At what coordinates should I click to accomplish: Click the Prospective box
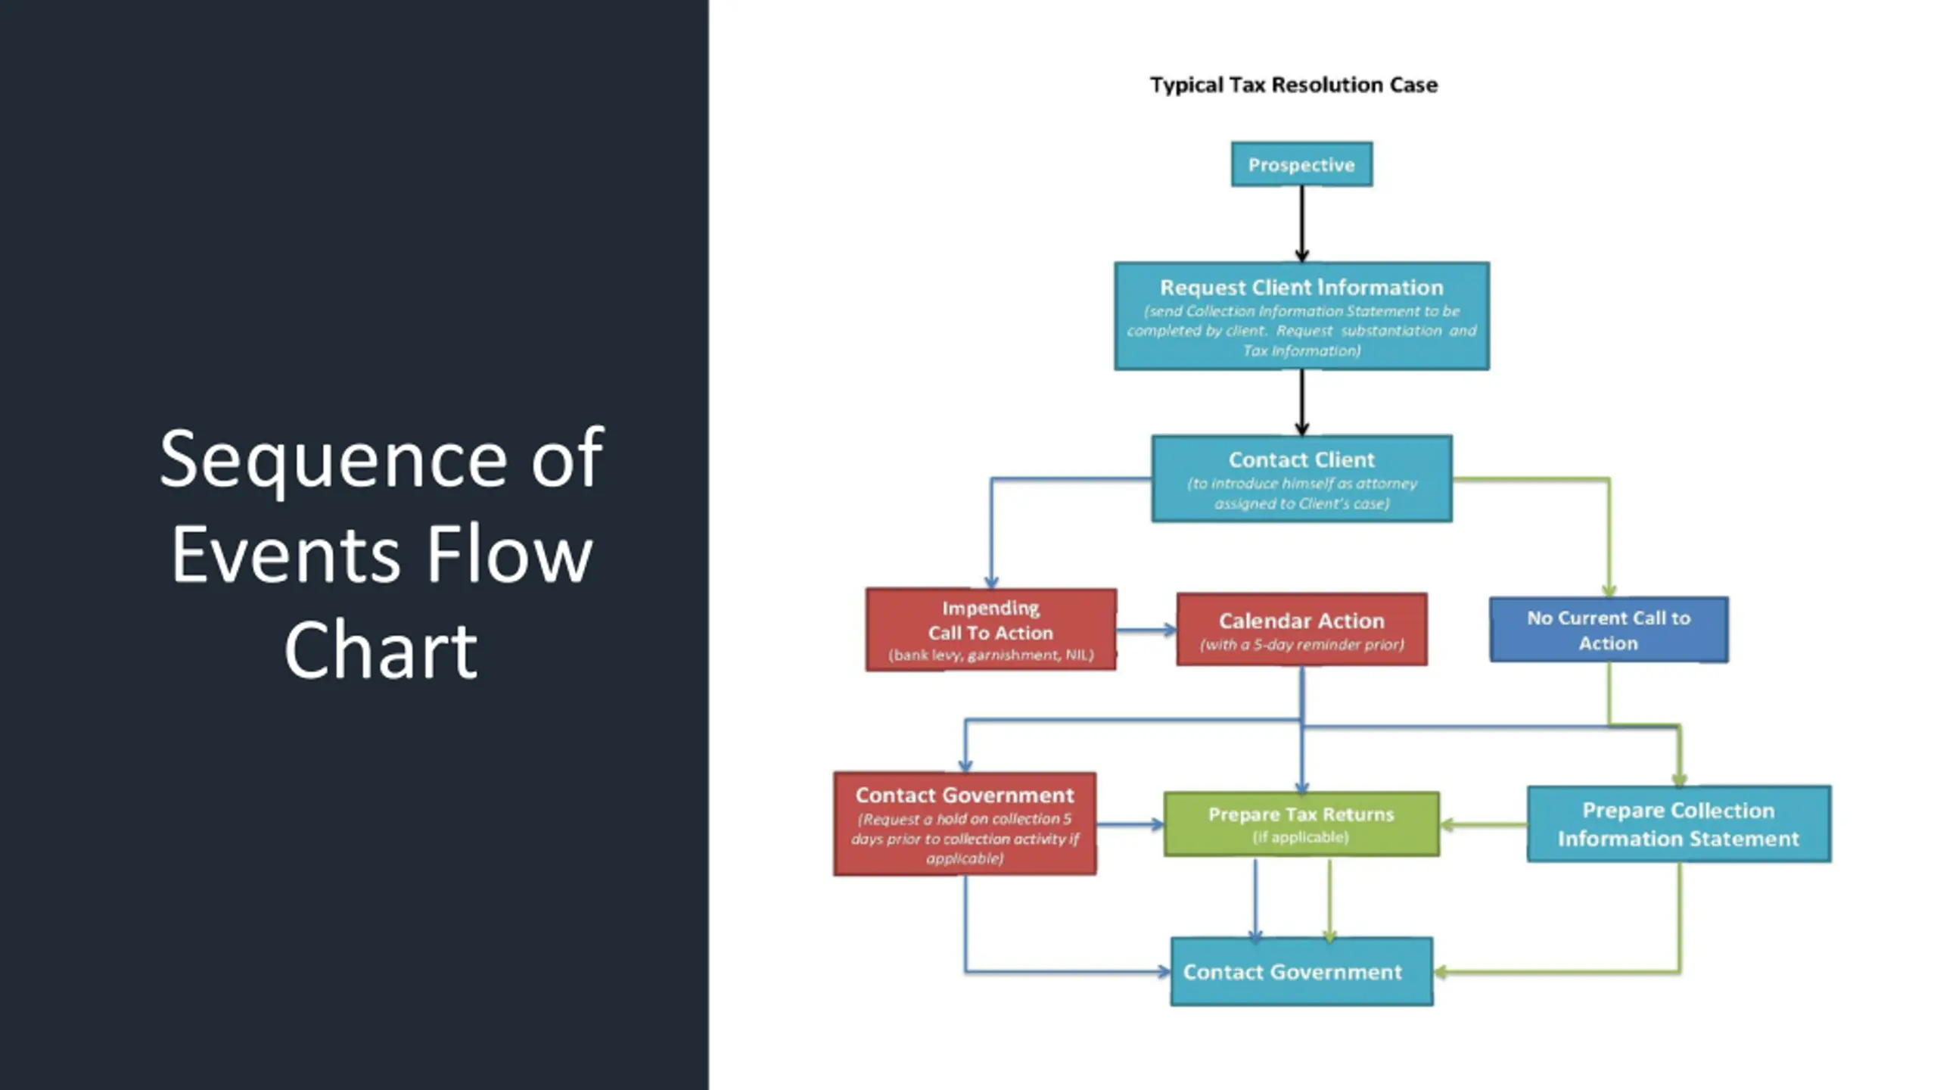[x=1301, y=164]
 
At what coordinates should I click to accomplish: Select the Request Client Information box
[x=1301, y=316]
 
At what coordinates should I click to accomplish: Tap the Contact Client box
[x=1301, y=478]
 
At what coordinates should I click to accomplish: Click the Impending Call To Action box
[x=991, y=630]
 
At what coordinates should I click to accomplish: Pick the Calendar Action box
[x=1301, y=630]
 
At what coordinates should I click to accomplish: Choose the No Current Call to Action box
[x=1609, y=630]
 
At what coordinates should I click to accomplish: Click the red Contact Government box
[x=965, y=824]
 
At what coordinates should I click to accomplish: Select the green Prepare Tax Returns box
[x=1301, y=824]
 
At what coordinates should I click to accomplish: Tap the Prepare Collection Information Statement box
[x=1679, y=824]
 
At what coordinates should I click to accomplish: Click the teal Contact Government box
[x=1301, y=972]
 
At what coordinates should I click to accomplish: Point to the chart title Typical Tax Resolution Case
[x=1294, y=85]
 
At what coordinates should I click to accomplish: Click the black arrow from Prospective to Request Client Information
[x=1301, y=224]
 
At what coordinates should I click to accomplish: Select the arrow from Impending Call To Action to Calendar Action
[x=1146, y=630]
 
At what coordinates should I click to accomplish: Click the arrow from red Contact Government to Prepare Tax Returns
[x=1130, y=824]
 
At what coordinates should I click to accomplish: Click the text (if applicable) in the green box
[x=1301, y=837]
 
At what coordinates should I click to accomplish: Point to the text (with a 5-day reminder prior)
[x=1301, y=645]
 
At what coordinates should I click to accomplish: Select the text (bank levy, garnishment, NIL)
[x=991, y=655]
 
